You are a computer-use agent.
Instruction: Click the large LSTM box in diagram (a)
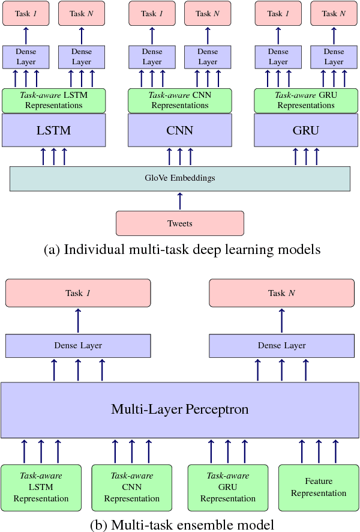(54, 130)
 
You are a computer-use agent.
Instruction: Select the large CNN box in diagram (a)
(180, 130)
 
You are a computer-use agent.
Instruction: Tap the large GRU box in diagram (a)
(306, 130)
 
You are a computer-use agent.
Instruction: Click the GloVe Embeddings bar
(180, 178)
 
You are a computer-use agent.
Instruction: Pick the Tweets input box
(180, 223)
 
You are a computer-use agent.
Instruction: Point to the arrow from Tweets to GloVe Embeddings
(180, 201)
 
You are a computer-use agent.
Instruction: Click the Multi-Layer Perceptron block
(180, 410)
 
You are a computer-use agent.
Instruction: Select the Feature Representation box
(318, 487)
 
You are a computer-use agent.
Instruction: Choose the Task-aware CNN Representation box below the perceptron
(131, 487)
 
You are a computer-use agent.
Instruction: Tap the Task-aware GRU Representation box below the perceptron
(228, 487)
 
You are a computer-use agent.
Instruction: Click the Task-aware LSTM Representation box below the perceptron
(41, 487)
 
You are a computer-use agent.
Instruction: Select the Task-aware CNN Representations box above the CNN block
(180, 100)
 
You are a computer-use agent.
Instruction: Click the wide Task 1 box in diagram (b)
(78, 293)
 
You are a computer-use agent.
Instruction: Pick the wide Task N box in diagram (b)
(281, 293)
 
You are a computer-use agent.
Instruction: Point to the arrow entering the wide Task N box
(281, 320)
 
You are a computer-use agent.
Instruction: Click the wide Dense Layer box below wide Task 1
(78, 346)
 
